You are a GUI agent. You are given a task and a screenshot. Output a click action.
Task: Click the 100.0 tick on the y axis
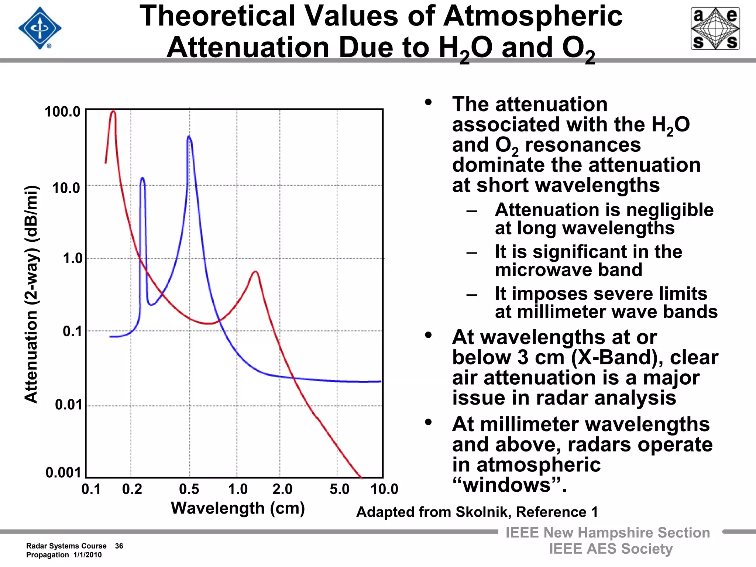[x=62, y=111]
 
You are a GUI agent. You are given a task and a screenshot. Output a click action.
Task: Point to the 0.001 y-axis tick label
[x=63, y=472]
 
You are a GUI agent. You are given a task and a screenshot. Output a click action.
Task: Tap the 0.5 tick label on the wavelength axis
[x=189, y=489]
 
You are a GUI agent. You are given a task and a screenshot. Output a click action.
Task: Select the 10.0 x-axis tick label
[x=384, y=489]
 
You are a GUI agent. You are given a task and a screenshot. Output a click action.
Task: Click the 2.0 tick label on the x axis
[x=282, y=489]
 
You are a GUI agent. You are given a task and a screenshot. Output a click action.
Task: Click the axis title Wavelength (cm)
[x=238, y=508]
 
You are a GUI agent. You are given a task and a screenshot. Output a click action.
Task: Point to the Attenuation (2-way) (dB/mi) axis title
[x=32, y=294]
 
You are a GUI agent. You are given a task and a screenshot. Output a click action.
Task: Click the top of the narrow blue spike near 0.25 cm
[x=142, y=179]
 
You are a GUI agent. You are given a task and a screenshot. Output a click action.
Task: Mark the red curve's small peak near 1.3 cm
[x=255, y=272]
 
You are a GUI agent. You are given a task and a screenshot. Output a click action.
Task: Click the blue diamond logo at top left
[x=40, y=28]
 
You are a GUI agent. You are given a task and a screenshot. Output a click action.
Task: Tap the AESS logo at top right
[x=715, y=28]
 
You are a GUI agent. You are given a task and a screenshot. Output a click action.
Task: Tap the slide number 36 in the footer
[x=119, y=546]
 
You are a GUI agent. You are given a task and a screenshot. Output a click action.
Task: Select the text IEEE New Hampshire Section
[x=608, y=533]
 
